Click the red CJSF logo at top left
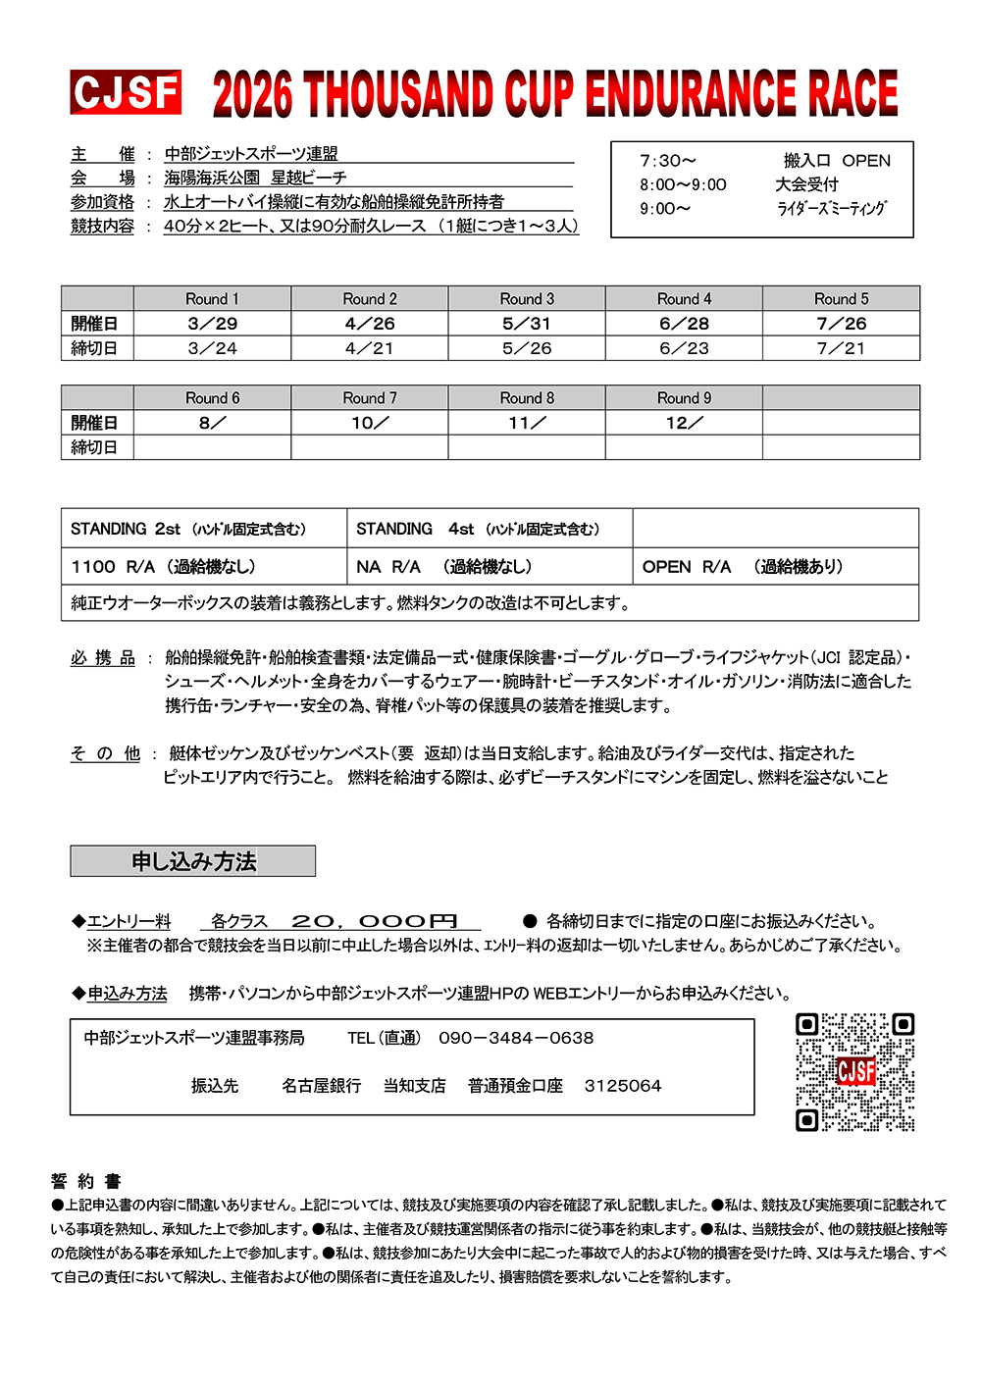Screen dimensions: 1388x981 (x=126, y=93)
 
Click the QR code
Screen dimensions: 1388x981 (x=854, y=1071)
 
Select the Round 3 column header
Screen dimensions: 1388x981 (x=527, y=299)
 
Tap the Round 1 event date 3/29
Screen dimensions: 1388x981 (x=213, y=324)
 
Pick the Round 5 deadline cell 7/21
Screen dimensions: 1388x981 (x=841, y=348)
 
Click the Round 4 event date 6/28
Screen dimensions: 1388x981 (x=684, y=324)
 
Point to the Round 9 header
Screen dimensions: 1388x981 (x=684, y=398)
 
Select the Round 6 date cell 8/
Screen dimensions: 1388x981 (x=213, y=423)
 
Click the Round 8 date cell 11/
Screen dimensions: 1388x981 (x=527, y=423)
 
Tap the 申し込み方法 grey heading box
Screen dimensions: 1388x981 (x=193, y=861)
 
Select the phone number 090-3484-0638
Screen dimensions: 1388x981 (x=516, y=1038)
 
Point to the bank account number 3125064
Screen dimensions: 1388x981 (x=623, y=1086)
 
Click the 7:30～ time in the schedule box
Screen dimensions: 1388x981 (x=668, y=161)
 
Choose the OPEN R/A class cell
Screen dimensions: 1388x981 (x=743, y=567)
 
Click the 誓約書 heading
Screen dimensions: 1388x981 (x=86, y=1181)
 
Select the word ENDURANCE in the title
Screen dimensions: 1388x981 (x=691, y=94)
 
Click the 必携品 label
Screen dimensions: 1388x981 (x=103, y=658)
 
